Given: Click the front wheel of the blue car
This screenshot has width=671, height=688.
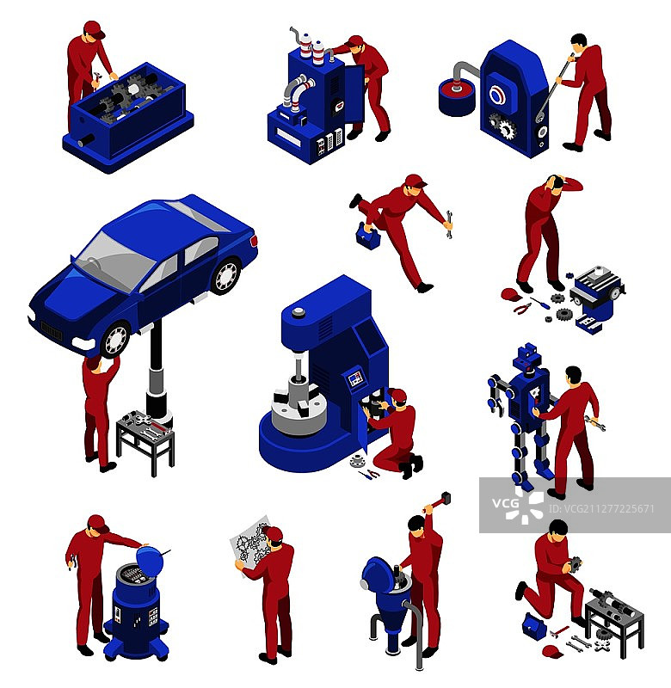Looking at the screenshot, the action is [x=116, y=339].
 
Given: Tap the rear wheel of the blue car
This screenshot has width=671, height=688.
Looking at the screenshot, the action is [x=226, y=275].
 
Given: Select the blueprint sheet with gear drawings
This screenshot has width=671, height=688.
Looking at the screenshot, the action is [x=249, y=544].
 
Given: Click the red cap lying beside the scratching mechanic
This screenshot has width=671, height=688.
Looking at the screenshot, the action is [x=511, y=294].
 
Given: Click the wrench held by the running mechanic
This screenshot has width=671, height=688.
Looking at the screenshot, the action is [x=449, y=224].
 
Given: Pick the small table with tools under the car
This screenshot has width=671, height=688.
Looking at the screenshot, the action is [x=145, y=441].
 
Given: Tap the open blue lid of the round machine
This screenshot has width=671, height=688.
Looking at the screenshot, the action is [x=150, y=561].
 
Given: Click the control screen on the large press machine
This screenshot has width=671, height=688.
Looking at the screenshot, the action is [x=356, y=378].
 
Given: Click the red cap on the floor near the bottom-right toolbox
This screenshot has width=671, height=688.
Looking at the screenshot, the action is [x=552, y=652].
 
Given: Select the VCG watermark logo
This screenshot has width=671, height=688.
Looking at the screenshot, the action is [x=518, y=506].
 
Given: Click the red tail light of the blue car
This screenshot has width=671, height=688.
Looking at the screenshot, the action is [x=254, y=241].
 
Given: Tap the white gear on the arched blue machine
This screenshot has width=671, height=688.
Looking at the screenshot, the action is [x=508, y=130].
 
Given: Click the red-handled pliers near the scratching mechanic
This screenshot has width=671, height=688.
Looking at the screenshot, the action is [x=522, y=309].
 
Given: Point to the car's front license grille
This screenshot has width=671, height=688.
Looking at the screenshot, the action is [x=52, y=330].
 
